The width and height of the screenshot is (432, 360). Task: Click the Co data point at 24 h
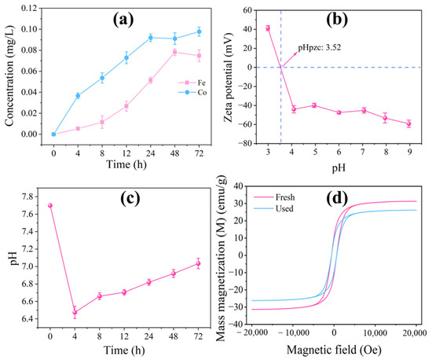pyautogui.click(x=151, y=38)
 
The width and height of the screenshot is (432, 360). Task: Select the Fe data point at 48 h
pyautogui.click(x=174, y=52)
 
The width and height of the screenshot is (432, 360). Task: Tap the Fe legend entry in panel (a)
pyautogui.click(x=192, y=83)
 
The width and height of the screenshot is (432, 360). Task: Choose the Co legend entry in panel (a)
pyautogui.click(x=192, y=92)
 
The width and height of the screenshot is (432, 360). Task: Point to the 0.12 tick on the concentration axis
pyautogui.click(x=29, y=8)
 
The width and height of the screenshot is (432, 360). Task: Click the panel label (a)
pyautogui.click(x=123, y=20)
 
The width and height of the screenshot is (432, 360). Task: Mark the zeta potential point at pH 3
pyautogui.click(x=268, y=28)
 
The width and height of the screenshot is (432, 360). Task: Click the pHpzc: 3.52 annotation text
pyautogui.click(x=320, y=47)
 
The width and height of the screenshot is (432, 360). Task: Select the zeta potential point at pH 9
pyautogui.click(x=409, y=123)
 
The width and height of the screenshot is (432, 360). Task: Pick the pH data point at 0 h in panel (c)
pyautogui.click(x=50, y=205)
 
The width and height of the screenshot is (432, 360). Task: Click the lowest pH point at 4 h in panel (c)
pyautogui.click(x=75, y=312)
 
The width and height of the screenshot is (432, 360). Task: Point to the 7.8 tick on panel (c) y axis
pyautogui.click(x=27, y=197)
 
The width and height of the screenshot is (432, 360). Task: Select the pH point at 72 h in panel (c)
pyautogui.click(x=198, y=263)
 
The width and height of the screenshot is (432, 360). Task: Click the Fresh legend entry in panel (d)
pyautogui.click(x=274, y=197)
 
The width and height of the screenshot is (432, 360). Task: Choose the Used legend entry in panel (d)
pyautogui.click(x=273, y=208)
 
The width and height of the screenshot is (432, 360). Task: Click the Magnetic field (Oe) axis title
pyautogui.click(x=334, y=350)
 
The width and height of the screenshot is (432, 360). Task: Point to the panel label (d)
pyautogui.click(x=337, y=197)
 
